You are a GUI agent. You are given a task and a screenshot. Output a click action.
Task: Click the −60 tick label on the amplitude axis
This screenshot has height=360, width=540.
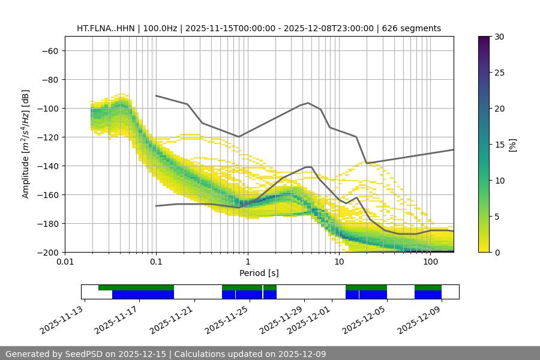49,50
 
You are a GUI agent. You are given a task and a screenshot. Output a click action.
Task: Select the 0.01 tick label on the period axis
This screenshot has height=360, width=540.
65,262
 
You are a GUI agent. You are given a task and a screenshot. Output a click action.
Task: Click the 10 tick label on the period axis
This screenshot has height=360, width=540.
339,262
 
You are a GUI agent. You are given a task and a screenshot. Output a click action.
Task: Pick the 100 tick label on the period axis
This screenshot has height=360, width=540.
430,262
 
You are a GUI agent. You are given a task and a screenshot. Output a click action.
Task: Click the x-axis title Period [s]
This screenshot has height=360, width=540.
259,273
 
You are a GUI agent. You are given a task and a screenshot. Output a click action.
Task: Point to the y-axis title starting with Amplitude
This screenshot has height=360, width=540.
26,144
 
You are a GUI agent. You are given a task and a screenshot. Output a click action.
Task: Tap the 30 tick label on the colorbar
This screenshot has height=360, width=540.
499,37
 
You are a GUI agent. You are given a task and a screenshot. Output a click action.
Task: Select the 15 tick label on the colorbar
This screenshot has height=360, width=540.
499,145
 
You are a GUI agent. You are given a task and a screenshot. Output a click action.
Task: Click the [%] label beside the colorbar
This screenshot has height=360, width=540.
512,145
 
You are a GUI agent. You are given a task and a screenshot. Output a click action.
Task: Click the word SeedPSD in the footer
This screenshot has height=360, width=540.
84,354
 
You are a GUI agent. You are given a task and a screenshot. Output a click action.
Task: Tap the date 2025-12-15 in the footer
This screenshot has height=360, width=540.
142,354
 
